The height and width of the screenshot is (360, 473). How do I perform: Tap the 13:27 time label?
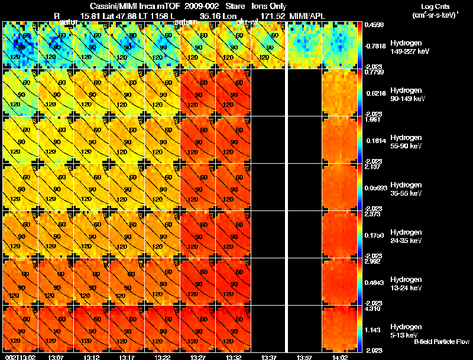pos(197,357)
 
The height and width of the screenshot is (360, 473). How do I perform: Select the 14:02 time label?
pos(339,357)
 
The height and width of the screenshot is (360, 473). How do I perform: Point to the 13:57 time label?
pos(304,357)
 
